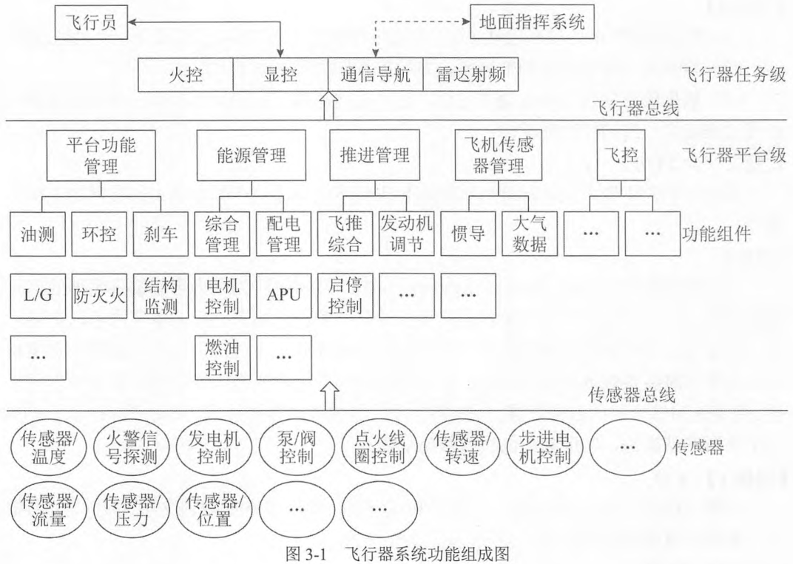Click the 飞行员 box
(x=91, y=22)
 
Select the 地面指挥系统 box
(x=532, y=21)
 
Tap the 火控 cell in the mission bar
(x=186, y=75)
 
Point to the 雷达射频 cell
(x=470, y=75)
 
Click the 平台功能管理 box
(x=101, y=156)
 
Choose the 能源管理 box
(x=252, y=156)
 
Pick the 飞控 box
(x=621, y=156)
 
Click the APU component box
(x=284, y=296)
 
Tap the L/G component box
(x=38, y=296)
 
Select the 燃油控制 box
(x=223, y=358)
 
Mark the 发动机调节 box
(x=407, y=234)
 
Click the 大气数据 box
(x=530, y=234)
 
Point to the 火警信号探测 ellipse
(x=131, y=447)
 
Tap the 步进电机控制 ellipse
(x=544, y=447)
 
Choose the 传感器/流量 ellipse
(x=49, y=511)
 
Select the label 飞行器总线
(x=635, y=108)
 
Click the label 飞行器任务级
(x=734, y=75)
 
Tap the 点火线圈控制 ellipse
(x=379, y=447)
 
